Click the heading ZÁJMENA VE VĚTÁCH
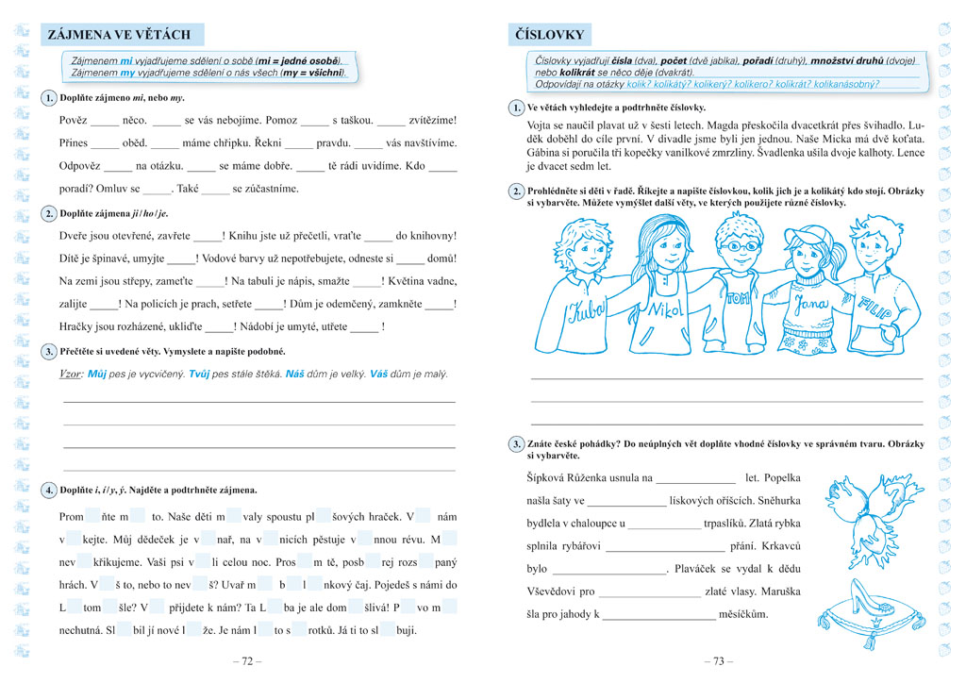point(119,35)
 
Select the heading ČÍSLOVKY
point(548,35)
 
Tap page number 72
point(247,661)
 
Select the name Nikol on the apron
point(664,310)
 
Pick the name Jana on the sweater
point(810,305)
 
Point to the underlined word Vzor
point(71,374)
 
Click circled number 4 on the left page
point(49,491)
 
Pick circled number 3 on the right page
point(516,443)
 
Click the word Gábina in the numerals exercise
point(545,152)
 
